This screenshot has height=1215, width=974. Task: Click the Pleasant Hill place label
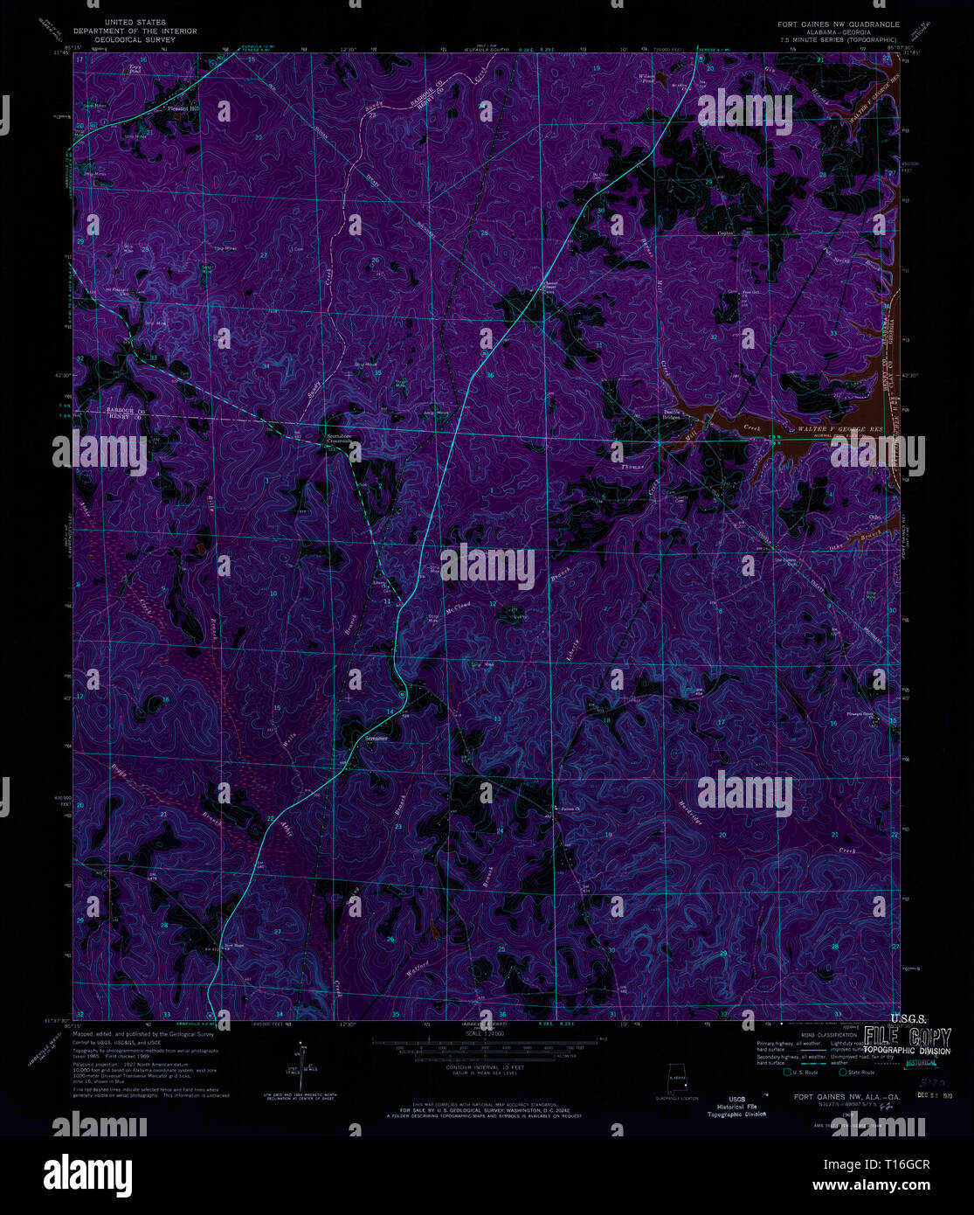(x=183, y=109)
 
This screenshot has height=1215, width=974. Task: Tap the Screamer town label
(x=376, y=739)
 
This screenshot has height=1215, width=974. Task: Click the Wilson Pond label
(x=647, y=78)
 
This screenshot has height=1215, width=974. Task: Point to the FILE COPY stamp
(x=908, y=1037)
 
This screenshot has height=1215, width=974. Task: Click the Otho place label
(x=874, y=517)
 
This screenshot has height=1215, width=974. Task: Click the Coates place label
(x=724, y=233)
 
